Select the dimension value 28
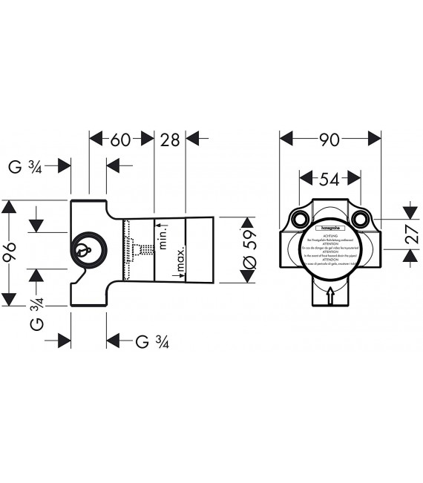coord(170,139)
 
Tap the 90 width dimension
coord(329,139)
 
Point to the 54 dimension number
coord(329,178)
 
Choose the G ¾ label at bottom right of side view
coord(154,341)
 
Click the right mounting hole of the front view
coord(361,219)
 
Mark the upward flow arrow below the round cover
coord(330,296)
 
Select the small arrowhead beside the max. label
coord(175,275)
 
